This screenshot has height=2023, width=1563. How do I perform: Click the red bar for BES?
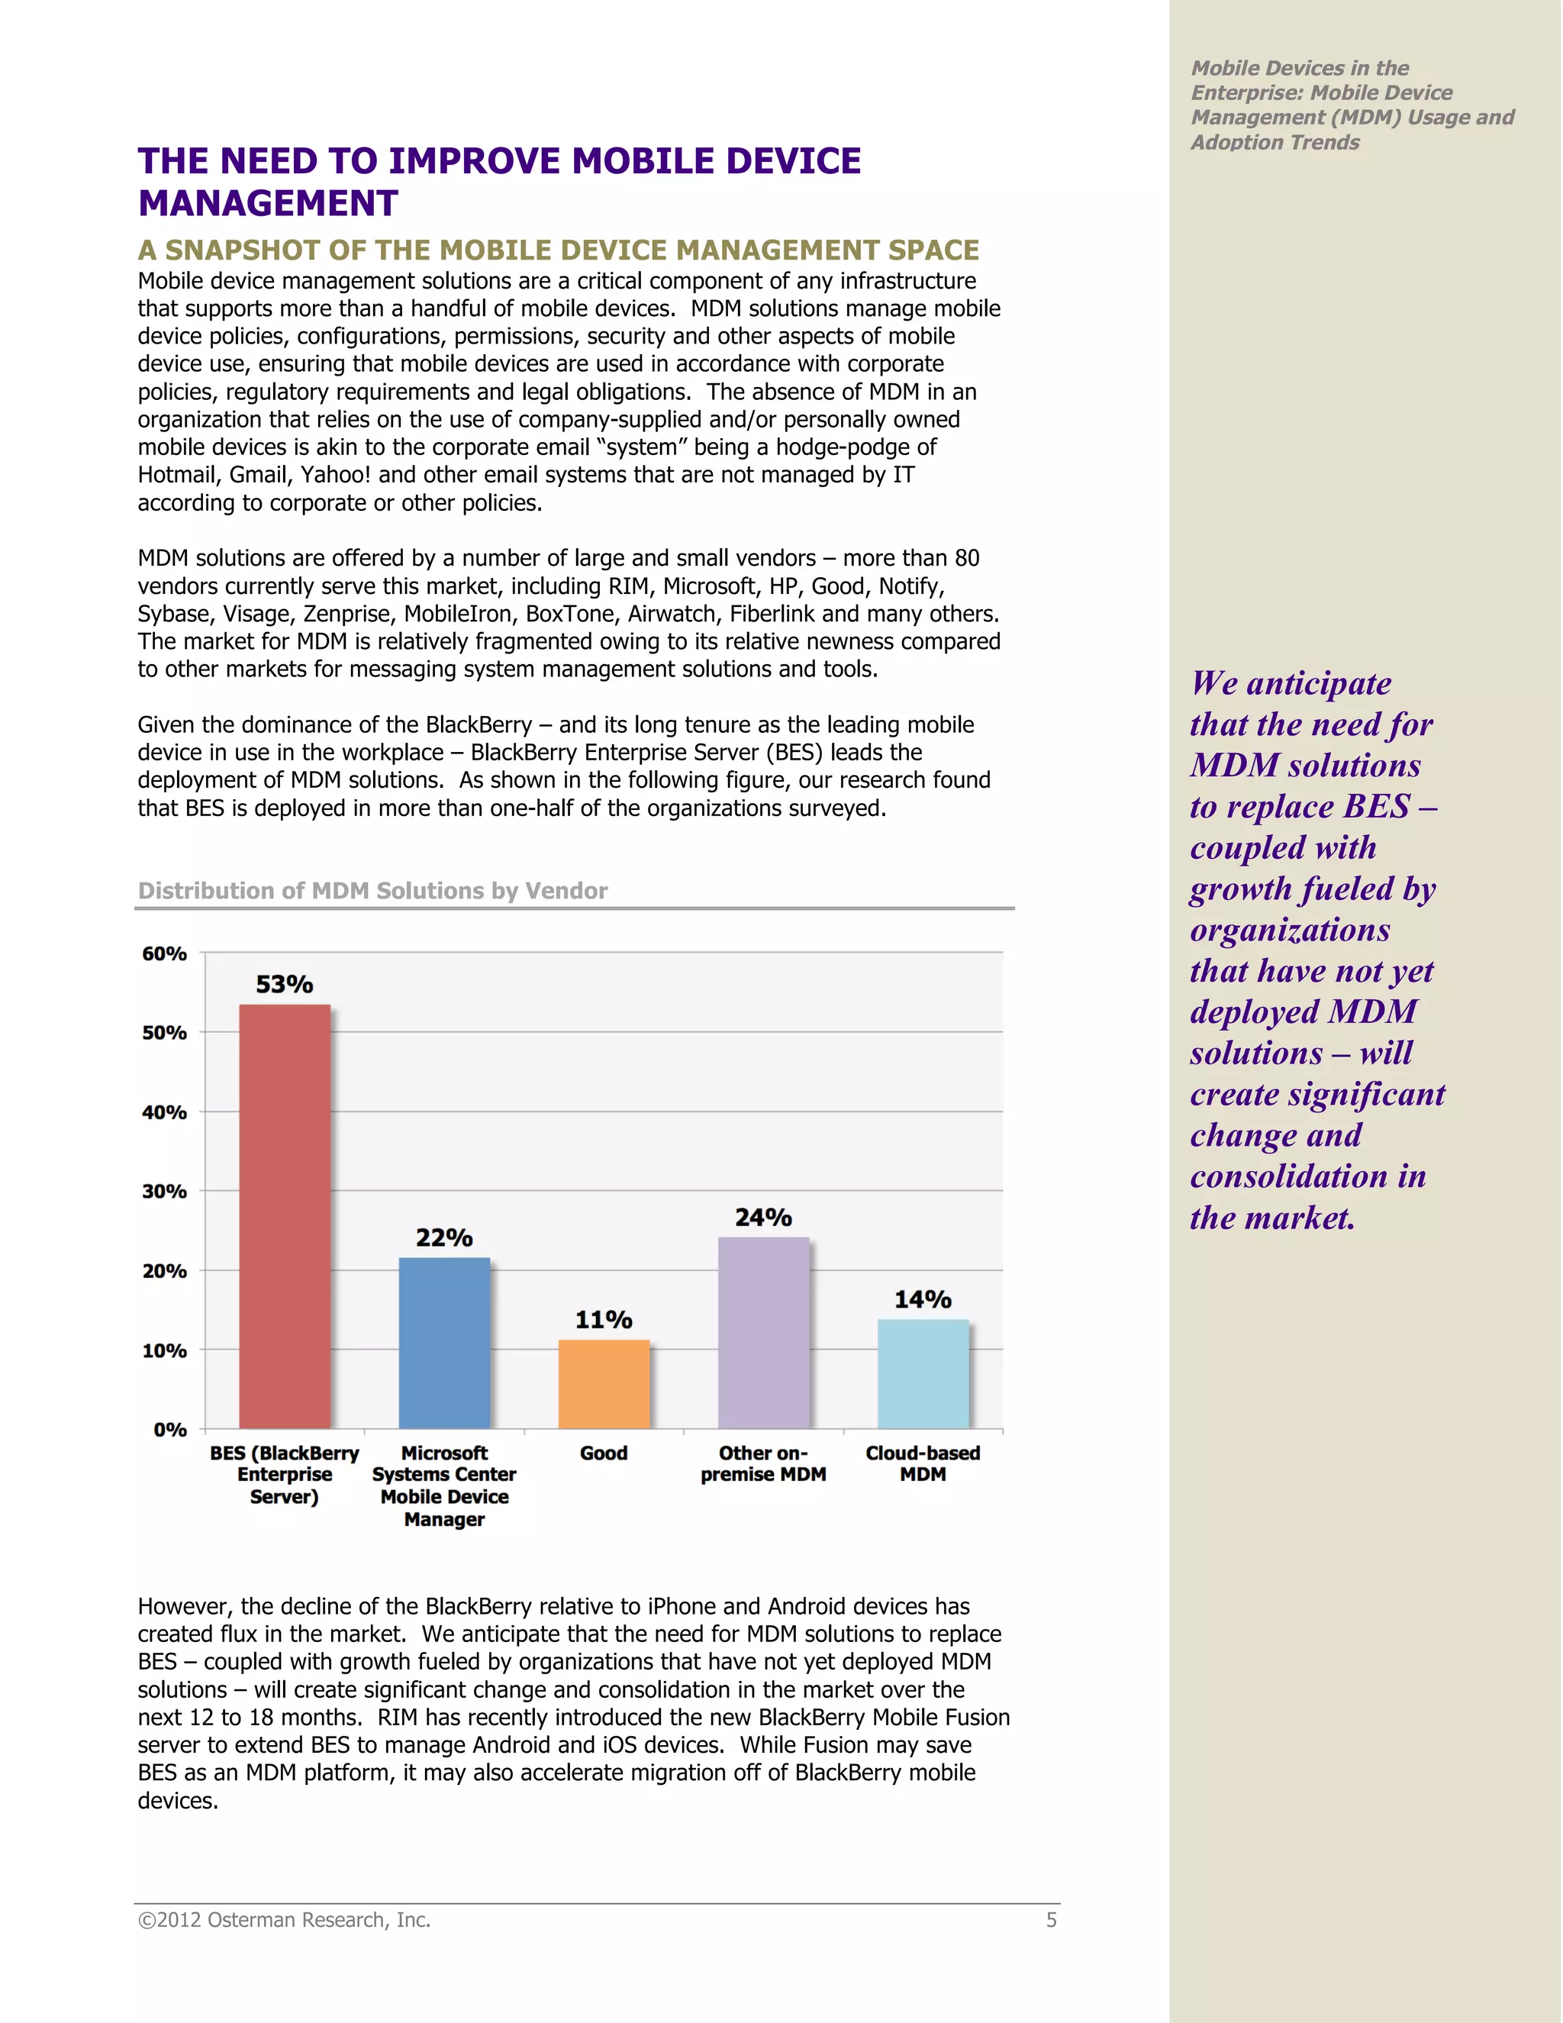pyautogui.click(x=284, y=1215)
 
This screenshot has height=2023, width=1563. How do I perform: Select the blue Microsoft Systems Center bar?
pyautogui.click(x=443, y=1342)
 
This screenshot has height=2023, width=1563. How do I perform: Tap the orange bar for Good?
pyautogui.click(x=604, y=1384)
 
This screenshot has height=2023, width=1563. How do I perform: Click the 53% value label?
pyautogui.click(x=284, y=984)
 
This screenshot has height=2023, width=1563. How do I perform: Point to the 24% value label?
pyautogui.click(x=763, y=1217)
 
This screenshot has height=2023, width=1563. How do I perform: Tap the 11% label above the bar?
pyautogui.click(x=604, y=1319)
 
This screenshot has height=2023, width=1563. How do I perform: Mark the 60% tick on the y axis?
pyautogui.click(x=165, y=953)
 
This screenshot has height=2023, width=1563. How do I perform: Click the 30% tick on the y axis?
pyautogui.click(x=165, y=1191)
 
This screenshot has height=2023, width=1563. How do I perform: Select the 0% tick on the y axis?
pyautogui.click(x=170, y=1429)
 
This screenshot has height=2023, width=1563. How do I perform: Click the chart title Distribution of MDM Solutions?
pyautogui.click(x=372, y=890)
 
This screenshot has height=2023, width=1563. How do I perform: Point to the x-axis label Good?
pyautogui.click(x=604, y=1454)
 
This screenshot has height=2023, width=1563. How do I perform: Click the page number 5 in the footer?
pyautogui.click(x=1051, y=1920)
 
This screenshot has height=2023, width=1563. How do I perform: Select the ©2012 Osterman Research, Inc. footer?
pyautogui.click(x=284, y=1920)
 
